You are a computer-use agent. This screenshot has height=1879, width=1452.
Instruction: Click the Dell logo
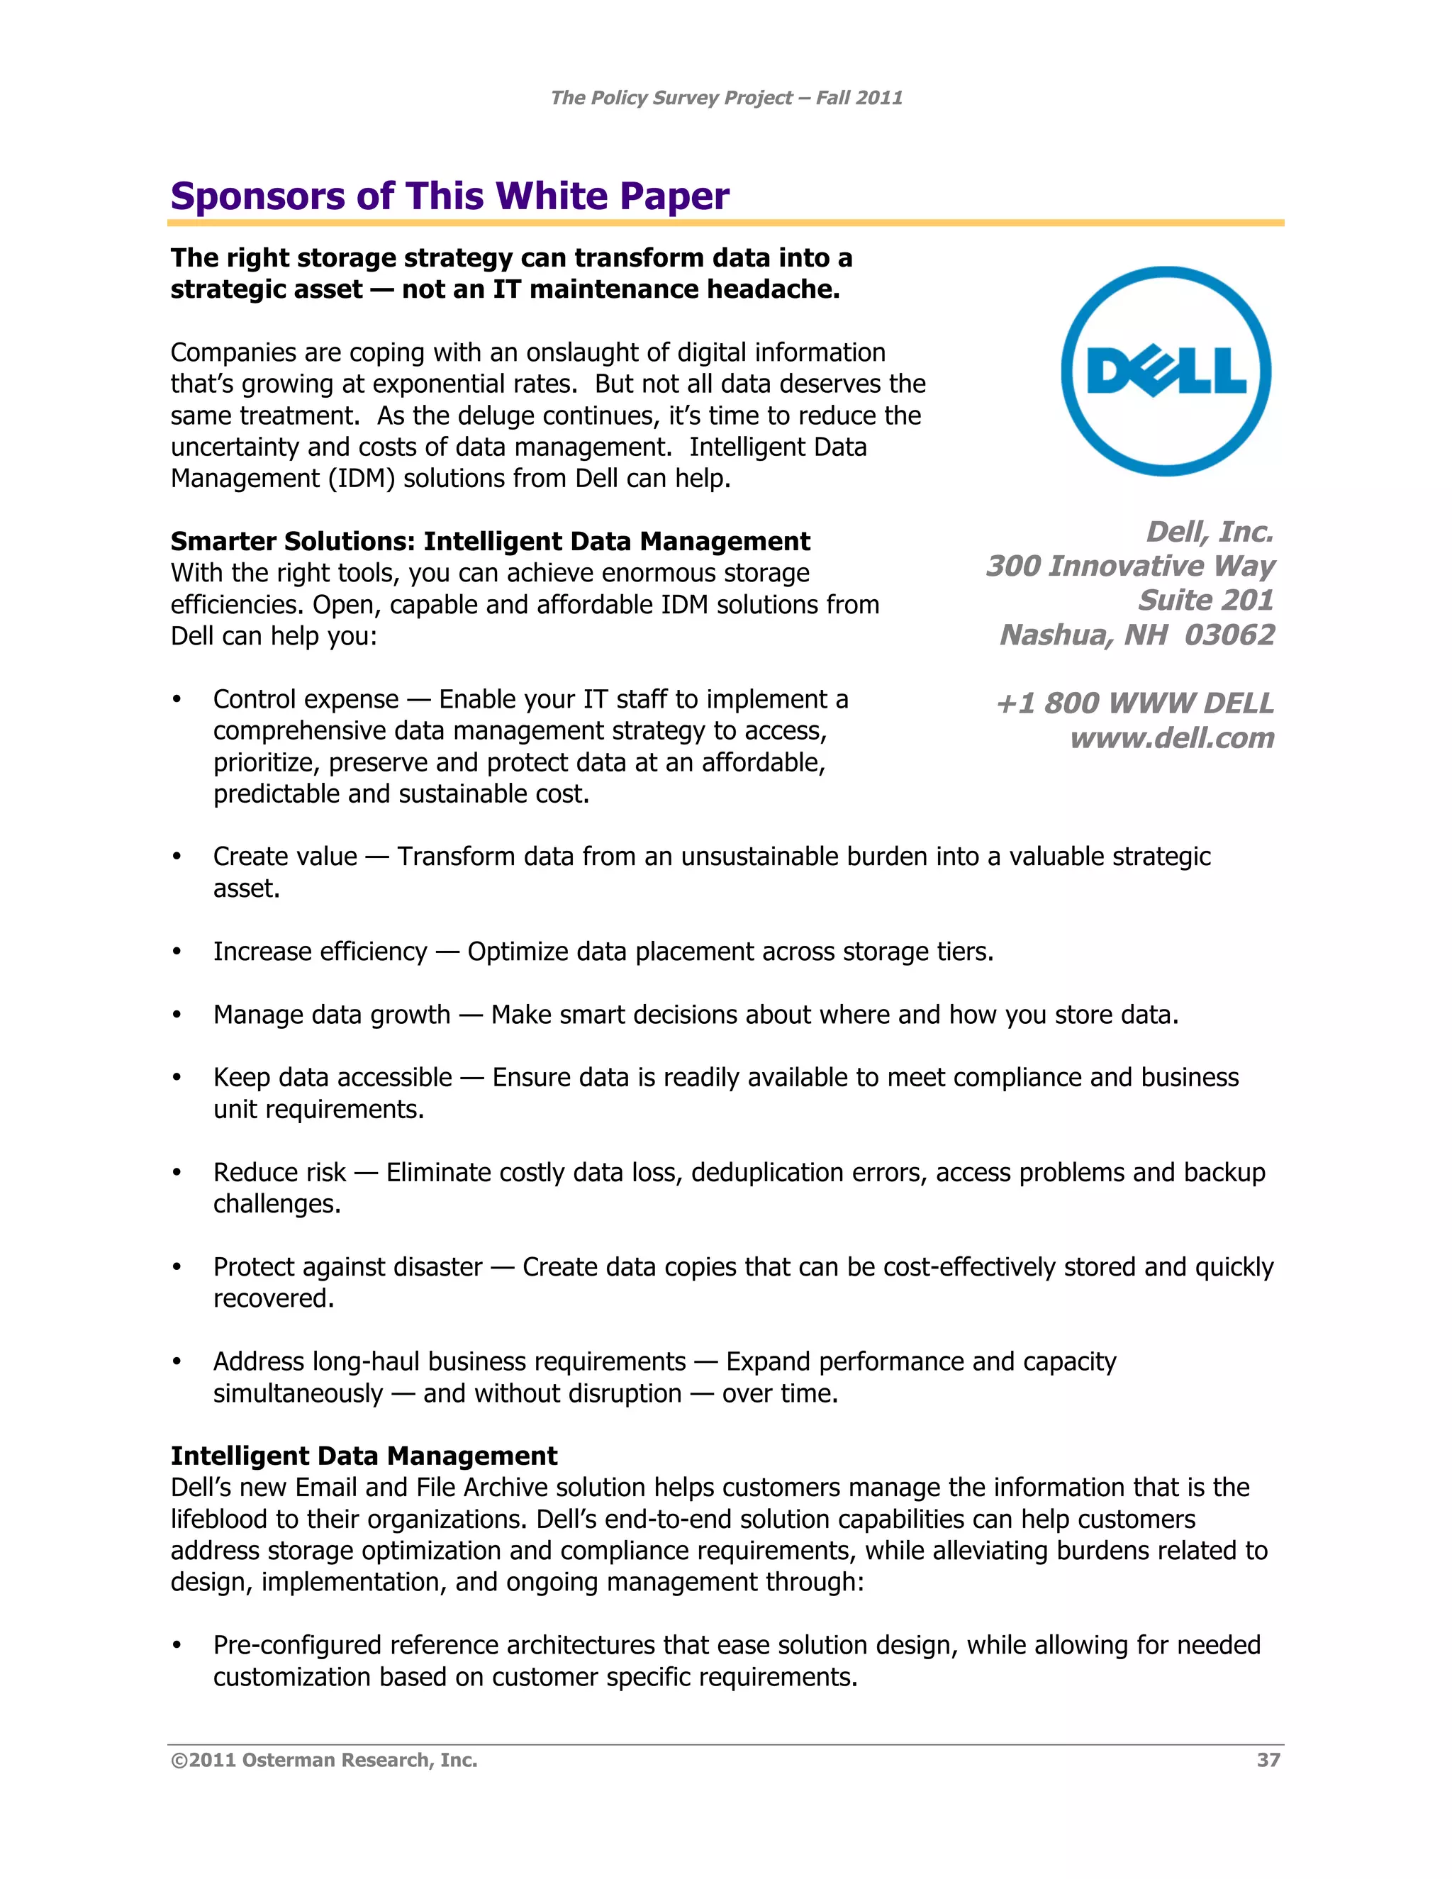tap(1166, 371)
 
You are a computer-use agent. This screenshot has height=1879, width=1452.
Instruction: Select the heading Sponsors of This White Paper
tap(450, 196)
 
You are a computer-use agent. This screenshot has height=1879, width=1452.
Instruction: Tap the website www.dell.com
tap(1171, 738)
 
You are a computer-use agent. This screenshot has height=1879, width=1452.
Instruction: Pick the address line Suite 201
tap(1205, 600)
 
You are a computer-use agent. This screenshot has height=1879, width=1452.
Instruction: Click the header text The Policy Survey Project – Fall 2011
tap(726, 98)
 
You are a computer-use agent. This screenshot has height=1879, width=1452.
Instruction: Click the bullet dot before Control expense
tap(177, 699)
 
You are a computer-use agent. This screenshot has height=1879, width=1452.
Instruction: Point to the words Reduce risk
tap(279, 1172)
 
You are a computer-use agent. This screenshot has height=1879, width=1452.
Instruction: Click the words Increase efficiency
tap(320, 952)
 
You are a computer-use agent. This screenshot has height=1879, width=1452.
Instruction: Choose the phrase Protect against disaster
tap(347, 1266)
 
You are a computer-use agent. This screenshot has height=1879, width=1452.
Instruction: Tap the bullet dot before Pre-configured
tap(177, 1645)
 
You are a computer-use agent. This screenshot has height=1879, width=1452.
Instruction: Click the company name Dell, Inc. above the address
tap(1210, 532)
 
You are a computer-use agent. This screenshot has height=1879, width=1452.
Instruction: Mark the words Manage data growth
tap(331, 1015)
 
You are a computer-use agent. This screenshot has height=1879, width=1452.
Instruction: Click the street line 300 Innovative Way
tap(1130, 566)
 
